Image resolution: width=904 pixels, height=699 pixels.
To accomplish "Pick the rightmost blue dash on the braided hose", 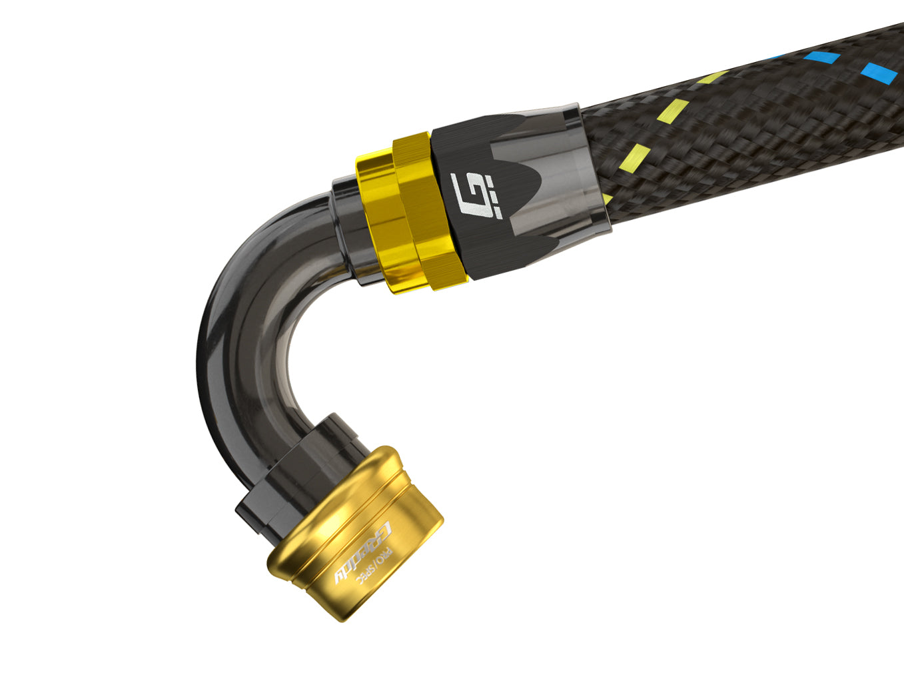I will click(x=874, y=70).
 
